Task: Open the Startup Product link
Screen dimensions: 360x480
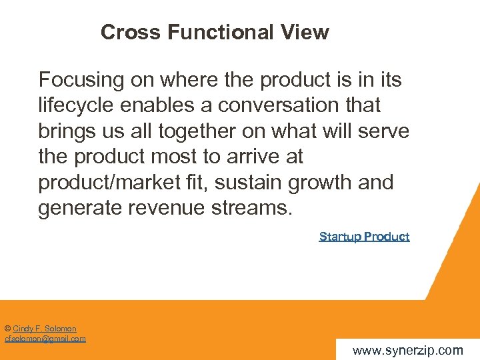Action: point(364,237)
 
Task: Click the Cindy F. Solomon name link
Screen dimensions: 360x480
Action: point(45,329)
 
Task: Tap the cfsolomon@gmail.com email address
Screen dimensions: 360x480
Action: point(45,339)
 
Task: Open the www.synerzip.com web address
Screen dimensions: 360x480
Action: point(407,351)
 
